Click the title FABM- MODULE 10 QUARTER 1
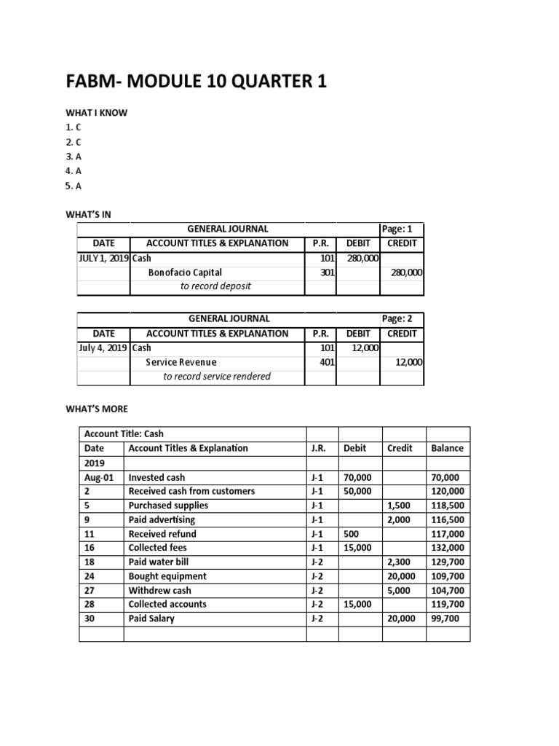tap(196, 82)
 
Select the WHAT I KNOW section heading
tap(97, 113)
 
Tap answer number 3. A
tap(74, 156)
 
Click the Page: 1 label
tap(397, 229)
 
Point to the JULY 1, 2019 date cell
tap(103, 258)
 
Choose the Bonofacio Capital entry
tap(185, 272)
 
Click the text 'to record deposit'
tap(215, 286)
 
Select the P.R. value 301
tap(328, 272)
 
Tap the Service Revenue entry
tap(181, 362)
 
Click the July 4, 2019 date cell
tap(103, 348)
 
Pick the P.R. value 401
tap(328, 362)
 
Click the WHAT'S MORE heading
tap(97, 409)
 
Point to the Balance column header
tap(447, 448)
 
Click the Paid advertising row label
tap(162, 519)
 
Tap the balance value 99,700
tap(445, 619)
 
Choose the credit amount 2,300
tap(400, 562)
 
